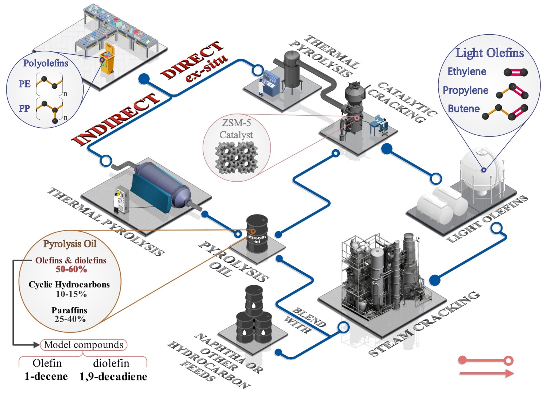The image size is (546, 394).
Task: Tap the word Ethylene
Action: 467,72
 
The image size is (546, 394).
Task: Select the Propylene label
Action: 465,90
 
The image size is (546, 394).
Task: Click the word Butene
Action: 464,109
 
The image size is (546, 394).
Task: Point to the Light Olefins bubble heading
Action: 489,53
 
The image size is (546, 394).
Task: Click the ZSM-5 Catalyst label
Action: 236,129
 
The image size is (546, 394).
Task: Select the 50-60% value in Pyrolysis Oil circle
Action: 71,269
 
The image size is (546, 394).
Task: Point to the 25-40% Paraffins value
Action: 70,319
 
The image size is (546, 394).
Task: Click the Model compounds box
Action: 84,345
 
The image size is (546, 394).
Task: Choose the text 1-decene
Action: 46,376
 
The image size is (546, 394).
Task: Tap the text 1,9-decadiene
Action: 113,376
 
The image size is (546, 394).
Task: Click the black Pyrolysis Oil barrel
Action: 257,234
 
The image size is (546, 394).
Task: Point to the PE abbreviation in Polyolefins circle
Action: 24,84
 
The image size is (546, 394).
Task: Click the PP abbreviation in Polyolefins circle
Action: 24,108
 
